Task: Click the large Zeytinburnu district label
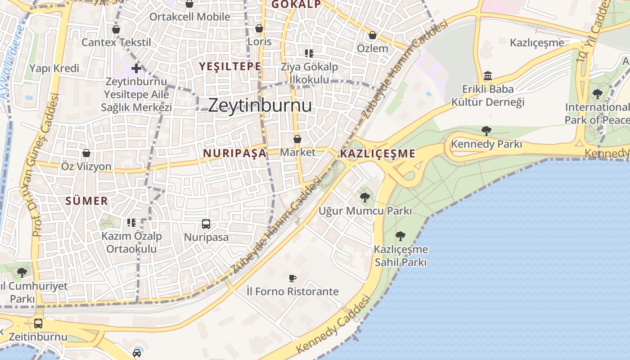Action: click(x=260, y=105)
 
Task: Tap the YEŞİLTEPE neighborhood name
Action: click(x=230, y=67)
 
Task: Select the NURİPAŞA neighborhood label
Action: click(x=234, y=153)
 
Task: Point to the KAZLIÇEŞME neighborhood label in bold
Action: click(x=378, y=154)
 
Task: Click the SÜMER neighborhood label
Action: click(x=87, y=201)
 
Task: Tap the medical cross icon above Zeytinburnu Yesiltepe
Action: click(x=136, y=69)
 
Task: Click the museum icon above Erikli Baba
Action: click(x=488, y=76)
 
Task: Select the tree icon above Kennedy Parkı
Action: click(x=486, y=131)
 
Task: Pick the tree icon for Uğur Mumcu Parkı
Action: click(x=365, y=197)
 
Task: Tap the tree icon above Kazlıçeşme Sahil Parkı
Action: click(x=400, y=236)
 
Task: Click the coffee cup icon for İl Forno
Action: click(x=292, y=278)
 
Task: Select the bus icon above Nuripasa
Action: click(x=206, y=224)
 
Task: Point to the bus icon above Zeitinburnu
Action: click(x=38, y=323)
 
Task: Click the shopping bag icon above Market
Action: click(x=297, y=139)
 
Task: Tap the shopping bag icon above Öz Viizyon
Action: click(x=86, y=153)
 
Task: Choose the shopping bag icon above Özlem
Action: click(x=373, y=35)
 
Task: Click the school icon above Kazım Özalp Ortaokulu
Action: click(x=131, y=222)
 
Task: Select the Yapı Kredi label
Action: click(x=54, y=68)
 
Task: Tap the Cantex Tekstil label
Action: click(x=116, y=42)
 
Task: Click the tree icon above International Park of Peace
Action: click(x=598, y=94)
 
